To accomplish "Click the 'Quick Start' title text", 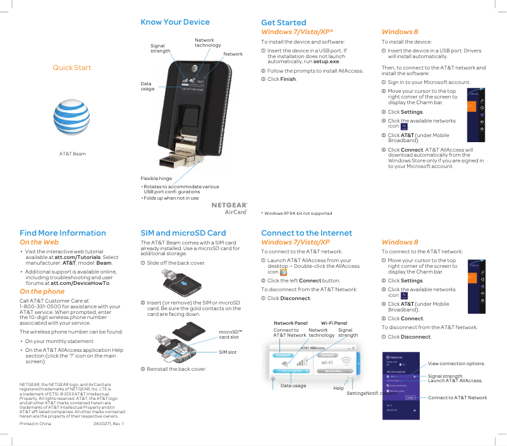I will point(71,68).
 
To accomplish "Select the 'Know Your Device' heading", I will point(174,22).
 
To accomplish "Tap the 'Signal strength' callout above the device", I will point(160,48).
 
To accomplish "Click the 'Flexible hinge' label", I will point(156,179).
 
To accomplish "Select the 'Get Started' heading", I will point(283,22).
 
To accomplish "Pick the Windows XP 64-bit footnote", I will point(296,214).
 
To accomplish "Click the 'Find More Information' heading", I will point(63,233).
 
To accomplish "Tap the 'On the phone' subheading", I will point(42,291).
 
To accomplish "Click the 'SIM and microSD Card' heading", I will point(183,233).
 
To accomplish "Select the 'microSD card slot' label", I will point(228,334).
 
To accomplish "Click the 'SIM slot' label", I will point(228,352).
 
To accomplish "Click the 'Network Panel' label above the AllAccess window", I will point(290,323).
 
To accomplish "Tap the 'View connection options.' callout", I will point(456,364).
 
